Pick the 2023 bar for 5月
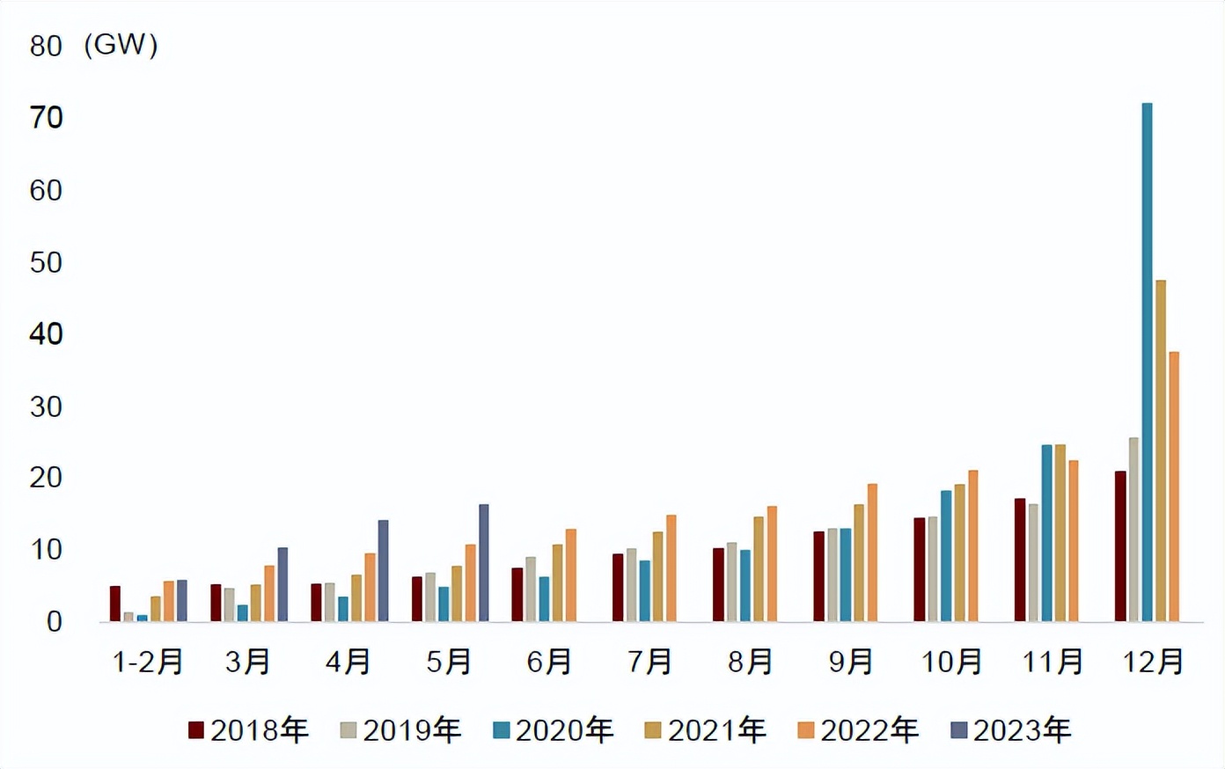(x=484, y=563)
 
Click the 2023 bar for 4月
(x=383, y=571)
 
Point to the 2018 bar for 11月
(x=1020, y=560)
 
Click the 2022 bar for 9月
(x=872, y=553)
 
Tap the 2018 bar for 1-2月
(x=115, y=604)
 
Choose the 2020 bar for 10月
(x=946, y=556)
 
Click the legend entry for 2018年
(x=249, y=730)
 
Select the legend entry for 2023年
(x=1012, y=730)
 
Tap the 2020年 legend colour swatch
(x=502, y=730)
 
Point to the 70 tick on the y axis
(x=47, y=118)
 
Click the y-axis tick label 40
(x=47, y=334)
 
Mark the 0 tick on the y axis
(x=55, y=622)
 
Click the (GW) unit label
(x=121, y=45)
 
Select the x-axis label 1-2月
(x=148, y=663)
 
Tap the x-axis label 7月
(x=650, y=663)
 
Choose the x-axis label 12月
(x=1154, y=663)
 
